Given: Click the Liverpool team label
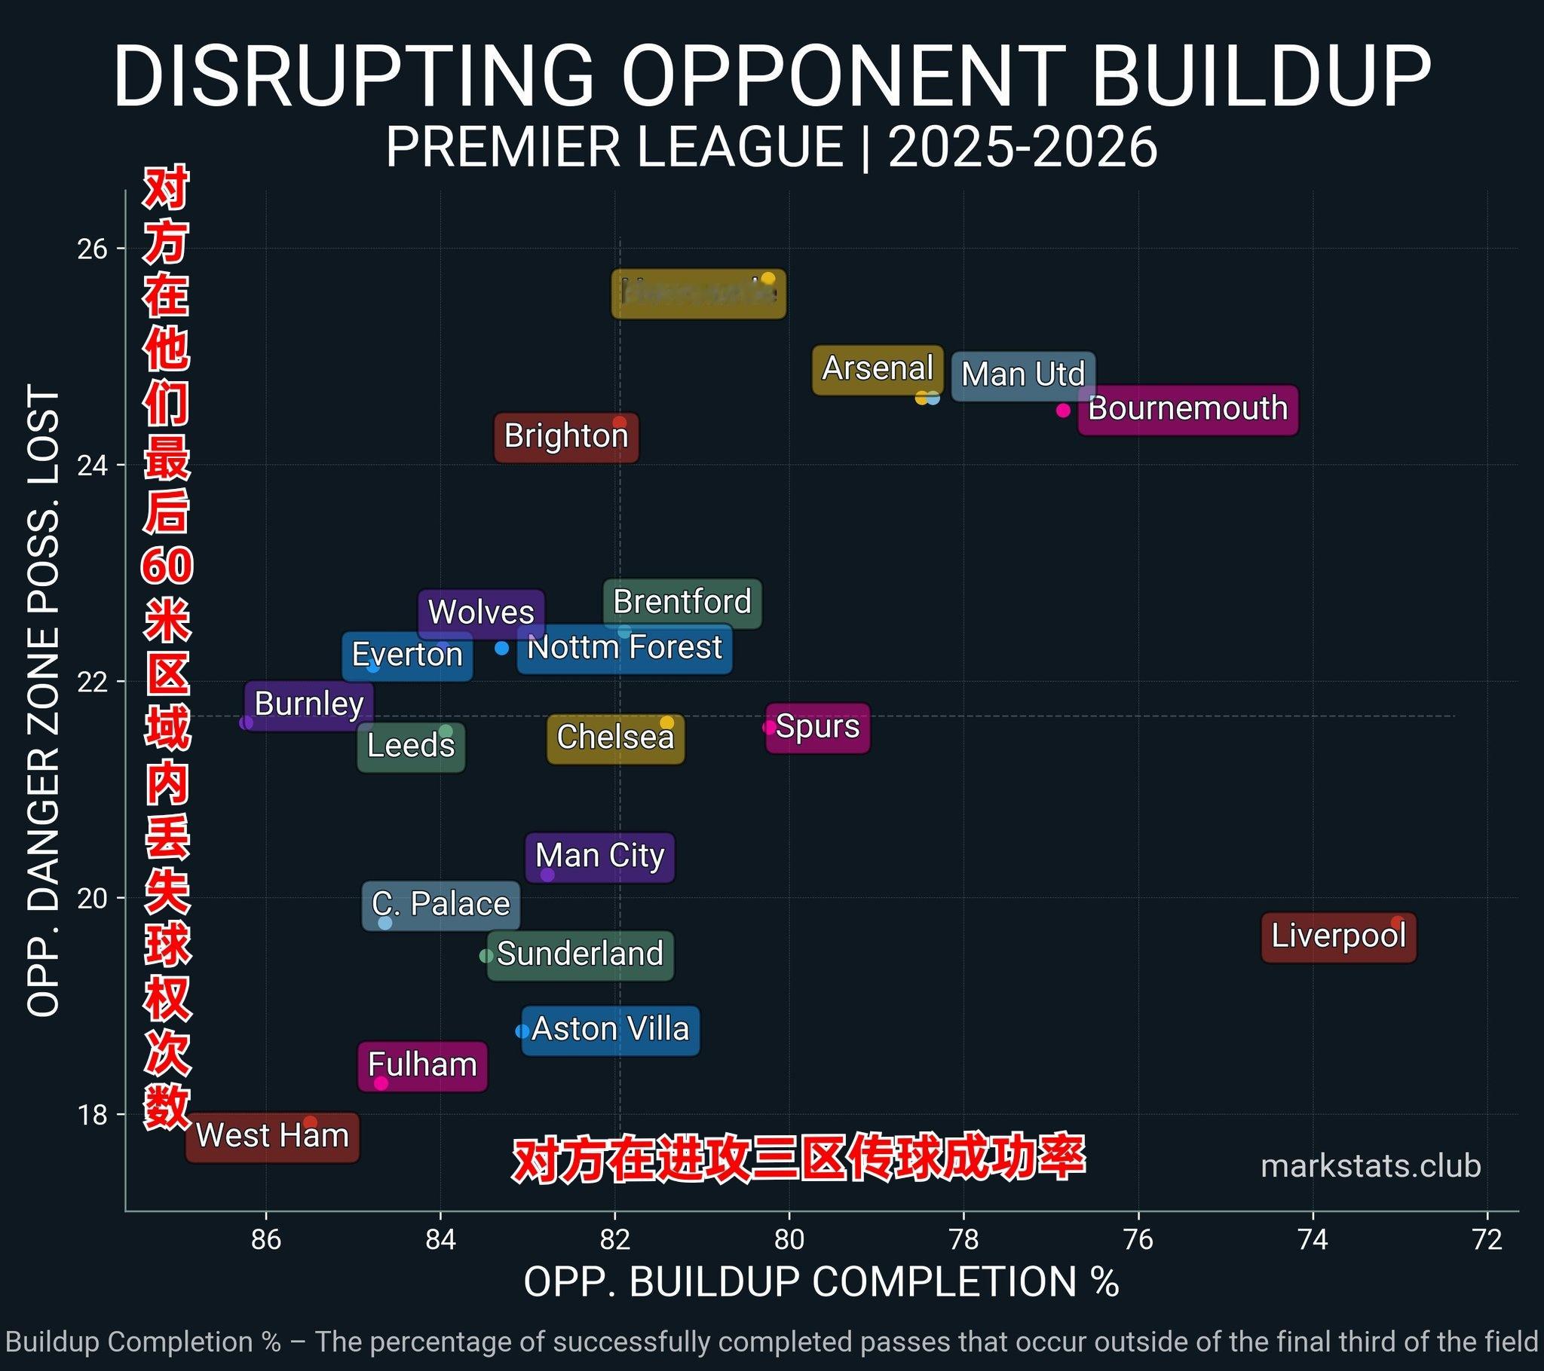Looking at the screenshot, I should (1338, 937).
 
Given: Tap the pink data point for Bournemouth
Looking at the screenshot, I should (1063, 410).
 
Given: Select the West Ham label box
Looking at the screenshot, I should (272, 1136).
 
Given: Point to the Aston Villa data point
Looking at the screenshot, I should (522, 1031).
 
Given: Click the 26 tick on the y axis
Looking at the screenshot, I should (91, 249).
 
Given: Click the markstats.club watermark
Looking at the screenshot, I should (1371, 1166).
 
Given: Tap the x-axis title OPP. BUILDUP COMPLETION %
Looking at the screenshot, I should (821, 1282).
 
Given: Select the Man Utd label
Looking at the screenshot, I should (1023, 375).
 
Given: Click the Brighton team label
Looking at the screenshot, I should (566, 436).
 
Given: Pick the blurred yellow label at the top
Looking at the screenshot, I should (699, 293).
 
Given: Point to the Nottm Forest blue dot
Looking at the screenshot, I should (501, 648).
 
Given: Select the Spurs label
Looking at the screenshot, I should (817, 727).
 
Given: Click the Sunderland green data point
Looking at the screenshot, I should (486, 956).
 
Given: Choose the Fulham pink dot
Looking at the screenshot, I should (381, 1083).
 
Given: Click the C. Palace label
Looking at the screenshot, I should (441, 905).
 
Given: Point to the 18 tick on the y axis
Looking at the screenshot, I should (91, 1115).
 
